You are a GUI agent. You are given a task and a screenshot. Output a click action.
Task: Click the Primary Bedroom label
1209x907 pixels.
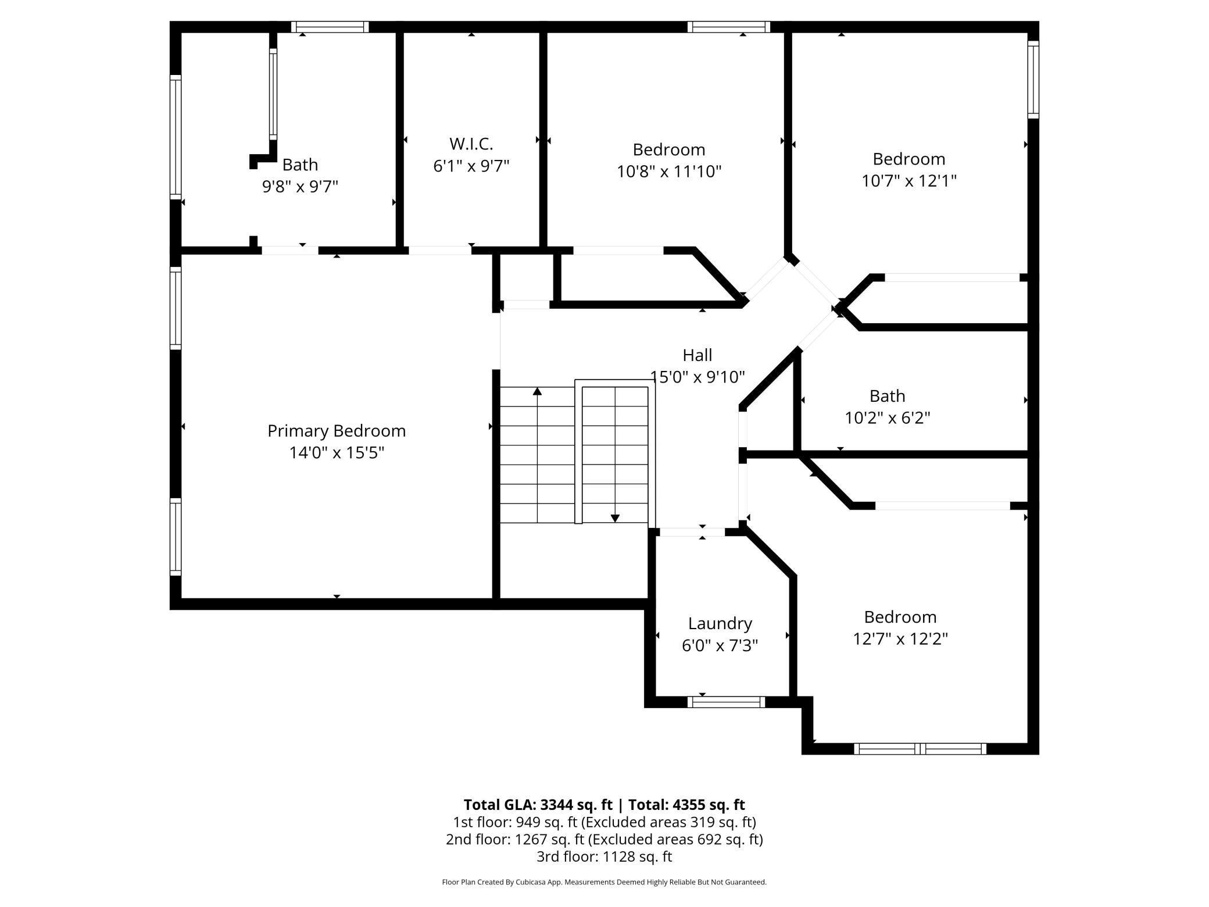tap(337, 431)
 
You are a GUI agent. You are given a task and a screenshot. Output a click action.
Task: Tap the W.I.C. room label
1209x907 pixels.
tap(471, 144)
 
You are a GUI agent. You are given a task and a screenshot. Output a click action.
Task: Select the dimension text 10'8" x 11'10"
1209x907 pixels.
tap(669, 172)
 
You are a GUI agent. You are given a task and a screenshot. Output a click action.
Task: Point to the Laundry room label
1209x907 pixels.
tap(720, 623)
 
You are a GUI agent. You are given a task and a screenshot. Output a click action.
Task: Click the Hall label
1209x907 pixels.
tap(697, 355)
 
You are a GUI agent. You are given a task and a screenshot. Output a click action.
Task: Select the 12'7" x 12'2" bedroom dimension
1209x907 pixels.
tap(900, 639)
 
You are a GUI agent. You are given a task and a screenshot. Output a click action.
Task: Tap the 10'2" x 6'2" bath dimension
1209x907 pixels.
tap(887, 418)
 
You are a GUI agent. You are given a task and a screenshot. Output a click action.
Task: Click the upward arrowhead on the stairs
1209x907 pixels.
tap(537, 392)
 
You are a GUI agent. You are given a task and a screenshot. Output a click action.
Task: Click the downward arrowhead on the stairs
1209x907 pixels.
tap(615, 517)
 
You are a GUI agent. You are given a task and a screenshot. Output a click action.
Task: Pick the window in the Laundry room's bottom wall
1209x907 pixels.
tap(726, 702)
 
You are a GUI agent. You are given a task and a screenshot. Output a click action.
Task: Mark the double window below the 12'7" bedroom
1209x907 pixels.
tap(920, 749)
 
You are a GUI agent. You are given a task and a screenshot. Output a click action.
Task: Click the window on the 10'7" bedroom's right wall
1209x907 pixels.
tap(1033, 80)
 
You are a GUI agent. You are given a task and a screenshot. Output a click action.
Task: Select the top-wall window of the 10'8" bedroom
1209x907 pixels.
tap(728, 27)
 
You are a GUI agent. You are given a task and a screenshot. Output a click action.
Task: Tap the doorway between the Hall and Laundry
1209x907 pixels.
tap(692, 532)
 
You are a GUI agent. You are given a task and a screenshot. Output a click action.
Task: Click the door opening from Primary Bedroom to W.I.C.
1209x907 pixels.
tap(440, 251)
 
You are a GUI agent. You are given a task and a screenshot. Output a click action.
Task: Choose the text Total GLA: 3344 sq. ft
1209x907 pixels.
tap(538, 805)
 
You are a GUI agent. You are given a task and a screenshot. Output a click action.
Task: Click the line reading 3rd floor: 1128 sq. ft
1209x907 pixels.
tap(604, 856)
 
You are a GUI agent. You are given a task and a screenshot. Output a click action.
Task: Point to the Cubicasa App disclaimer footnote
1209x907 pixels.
tap(604, 882)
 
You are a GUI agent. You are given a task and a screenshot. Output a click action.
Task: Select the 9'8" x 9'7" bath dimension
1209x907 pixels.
tap(300, 187)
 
